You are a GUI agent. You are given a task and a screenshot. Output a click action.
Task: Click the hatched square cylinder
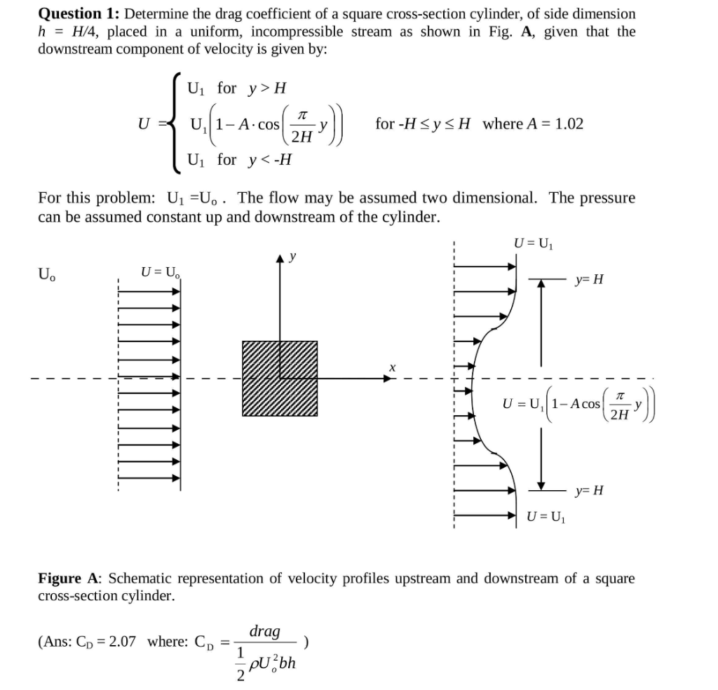click(x=280, y=379)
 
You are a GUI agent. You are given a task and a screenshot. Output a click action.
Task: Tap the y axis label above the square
click(x=292, y=257)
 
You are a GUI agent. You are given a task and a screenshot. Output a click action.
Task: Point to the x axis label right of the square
click(x=393, y=367)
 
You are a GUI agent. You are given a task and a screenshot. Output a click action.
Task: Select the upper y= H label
click(x=588, y=280)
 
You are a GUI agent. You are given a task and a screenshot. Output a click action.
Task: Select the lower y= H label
click(x=588, y=489)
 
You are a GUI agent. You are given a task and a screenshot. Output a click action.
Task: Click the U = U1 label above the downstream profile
click(x=534, y=243)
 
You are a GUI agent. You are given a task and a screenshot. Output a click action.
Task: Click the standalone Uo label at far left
click(x=47, y=273)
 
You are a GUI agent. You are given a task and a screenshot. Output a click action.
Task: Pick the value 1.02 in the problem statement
click(x=569, y=124)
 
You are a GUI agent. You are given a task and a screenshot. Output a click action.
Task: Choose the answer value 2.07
click(x=122, y=641)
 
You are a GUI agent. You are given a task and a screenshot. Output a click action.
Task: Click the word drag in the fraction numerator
click(x=264, y=630)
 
